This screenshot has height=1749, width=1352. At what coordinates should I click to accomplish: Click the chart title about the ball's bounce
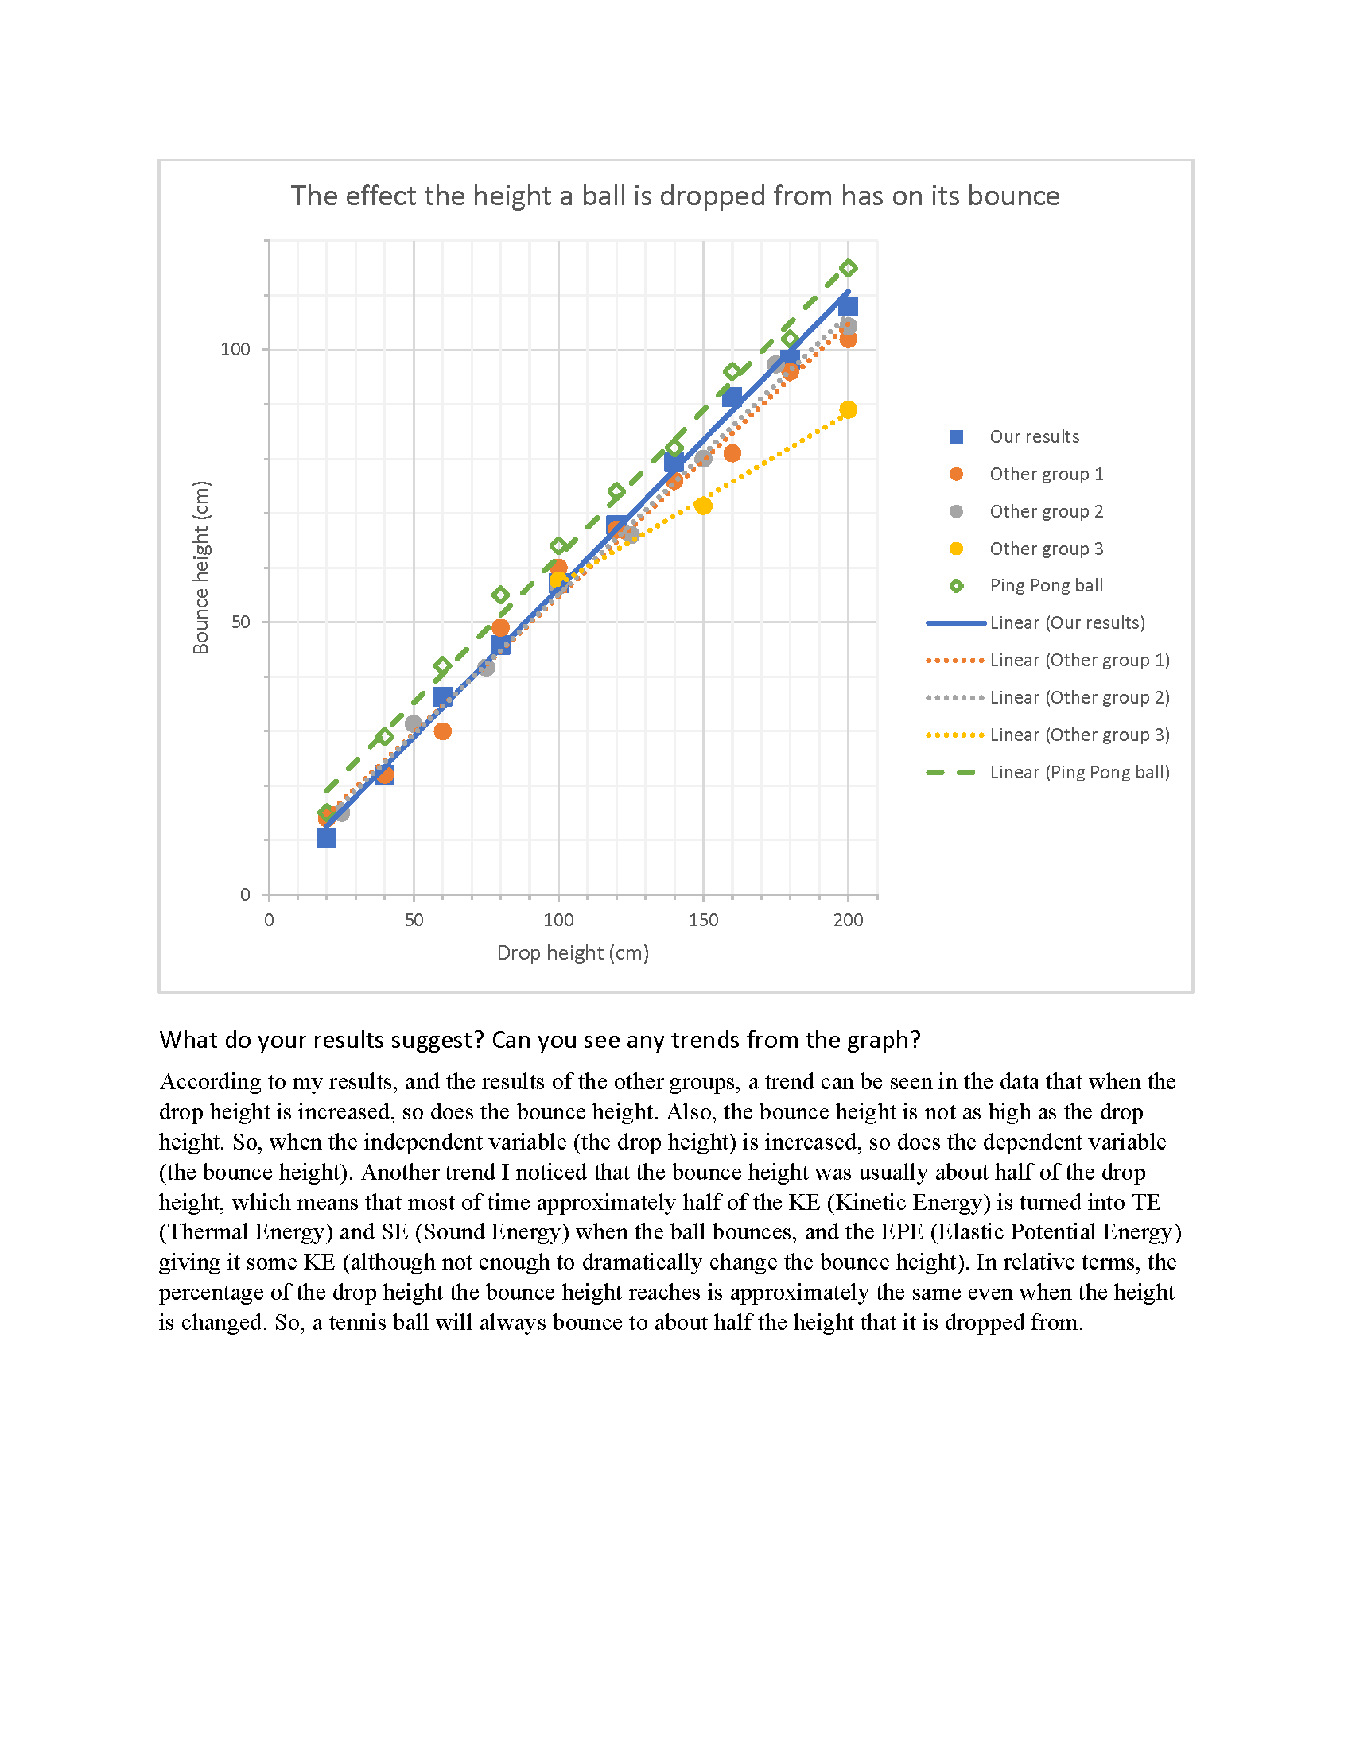tap(674, 196)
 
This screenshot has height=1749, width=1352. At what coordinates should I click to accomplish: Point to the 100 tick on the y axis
tap(235, 349)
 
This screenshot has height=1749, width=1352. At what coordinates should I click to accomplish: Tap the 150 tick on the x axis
tap(703, 920)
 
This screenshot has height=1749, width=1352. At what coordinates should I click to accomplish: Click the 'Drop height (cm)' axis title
tap(573, 953)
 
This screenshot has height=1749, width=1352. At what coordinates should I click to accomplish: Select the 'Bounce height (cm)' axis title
tap(200, 567)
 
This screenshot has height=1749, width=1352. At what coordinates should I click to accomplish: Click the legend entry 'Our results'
tap(1014, 436)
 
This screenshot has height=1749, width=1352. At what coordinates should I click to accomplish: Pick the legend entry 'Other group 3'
tap(1026, 549)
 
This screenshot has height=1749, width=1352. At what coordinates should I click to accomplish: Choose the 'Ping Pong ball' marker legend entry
tap(1026, 585)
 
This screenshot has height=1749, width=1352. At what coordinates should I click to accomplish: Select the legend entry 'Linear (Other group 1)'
tap(1047, 660)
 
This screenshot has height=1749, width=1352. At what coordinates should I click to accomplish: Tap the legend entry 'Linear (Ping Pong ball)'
tap(1047, 772)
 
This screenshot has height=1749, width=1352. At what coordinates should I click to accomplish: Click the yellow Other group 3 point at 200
tap(849, 410)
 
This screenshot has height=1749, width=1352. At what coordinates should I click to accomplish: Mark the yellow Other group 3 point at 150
tap(703, 506)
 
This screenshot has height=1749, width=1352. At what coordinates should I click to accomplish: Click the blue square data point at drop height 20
tap(326, 839)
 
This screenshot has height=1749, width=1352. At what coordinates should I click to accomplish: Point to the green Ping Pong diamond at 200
tap(849, 267)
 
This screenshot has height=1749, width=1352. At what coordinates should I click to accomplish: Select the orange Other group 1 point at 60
tap(442, 731)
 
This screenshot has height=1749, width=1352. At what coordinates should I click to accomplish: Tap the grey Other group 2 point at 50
tap(414, 724)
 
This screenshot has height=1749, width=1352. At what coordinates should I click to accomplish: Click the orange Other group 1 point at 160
tap(732, 453)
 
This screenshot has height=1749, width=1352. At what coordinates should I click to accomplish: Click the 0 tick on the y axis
tap(245, 894)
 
